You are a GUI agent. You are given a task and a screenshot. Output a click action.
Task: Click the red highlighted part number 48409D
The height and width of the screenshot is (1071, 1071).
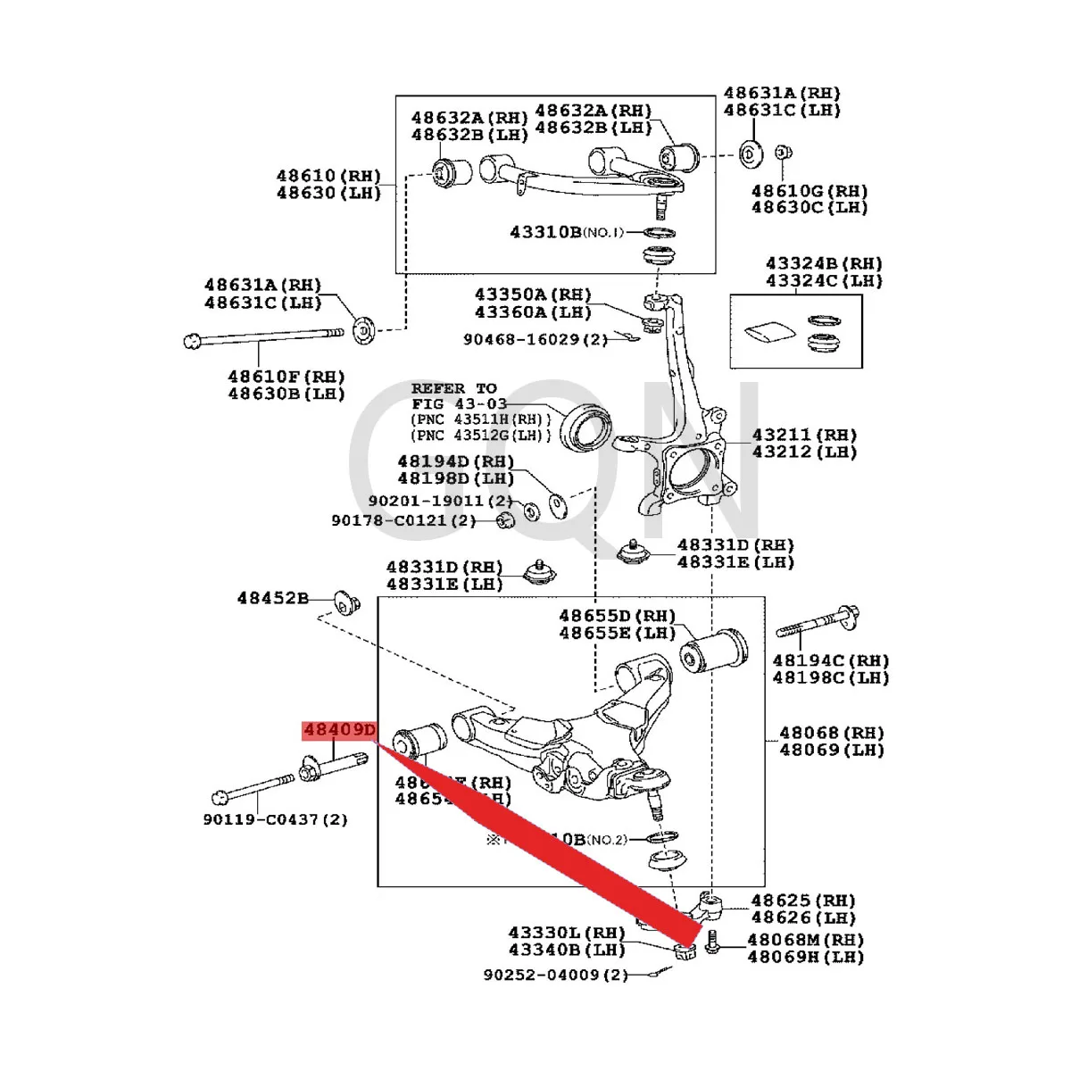pyautogui.click(x=339, y=731)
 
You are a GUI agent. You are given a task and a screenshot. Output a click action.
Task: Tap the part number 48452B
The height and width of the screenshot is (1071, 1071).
pyautogui.click(x=272, y=598)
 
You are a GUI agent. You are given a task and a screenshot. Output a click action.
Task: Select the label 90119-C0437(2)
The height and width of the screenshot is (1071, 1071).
pyautogui.click(x=275, y=819)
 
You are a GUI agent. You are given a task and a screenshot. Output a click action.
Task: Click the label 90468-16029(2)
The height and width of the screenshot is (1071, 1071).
pyautogui.click(x=535, y=339)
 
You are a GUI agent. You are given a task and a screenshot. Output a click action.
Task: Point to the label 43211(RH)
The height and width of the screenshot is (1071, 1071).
pyautogui.click(x=803, y=435)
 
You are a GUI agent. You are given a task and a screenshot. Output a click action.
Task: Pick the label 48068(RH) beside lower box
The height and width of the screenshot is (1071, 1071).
pyautogui.click(x=831, y=733)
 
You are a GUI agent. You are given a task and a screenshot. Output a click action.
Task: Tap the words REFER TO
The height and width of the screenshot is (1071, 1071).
pyautogui.click(x=453, y=388)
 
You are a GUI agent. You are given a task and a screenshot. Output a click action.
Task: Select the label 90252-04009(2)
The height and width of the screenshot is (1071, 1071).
pyautogui.click(x=555, y=975)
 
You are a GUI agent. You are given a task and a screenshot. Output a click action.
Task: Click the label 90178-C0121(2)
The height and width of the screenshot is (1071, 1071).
pyautogui.click(x=403, y=520)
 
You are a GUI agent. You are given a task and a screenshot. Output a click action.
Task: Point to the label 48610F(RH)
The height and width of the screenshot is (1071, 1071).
pyautogui.click(x=286, y=377)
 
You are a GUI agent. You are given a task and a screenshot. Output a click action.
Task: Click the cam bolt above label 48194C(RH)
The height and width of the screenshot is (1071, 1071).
pyautogui.click(x=818, y=622)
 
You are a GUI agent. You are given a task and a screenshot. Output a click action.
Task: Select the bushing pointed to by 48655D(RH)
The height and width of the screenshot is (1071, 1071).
pyautogui.click(x=713, y=650)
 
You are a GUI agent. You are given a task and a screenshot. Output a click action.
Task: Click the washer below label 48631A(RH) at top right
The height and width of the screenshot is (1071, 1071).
pyautogui.click(x=751, y=154)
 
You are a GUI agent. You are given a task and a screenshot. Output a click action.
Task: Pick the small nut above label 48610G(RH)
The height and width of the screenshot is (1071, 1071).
pyautogui.click(x=782, y=153)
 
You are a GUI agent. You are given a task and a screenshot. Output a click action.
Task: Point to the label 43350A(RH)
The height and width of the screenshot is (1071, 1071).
pyautogui.click(x=532, y=295)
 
